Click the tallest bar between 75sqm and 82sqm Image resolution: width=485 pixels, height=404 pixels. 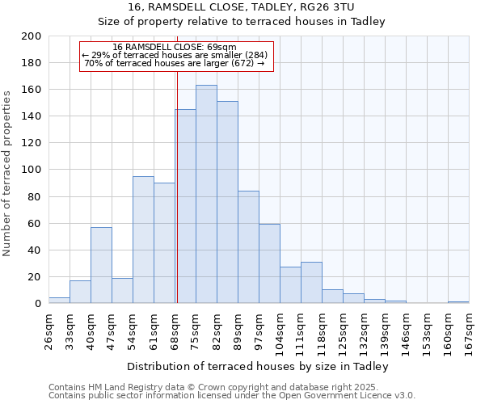click(206, 194)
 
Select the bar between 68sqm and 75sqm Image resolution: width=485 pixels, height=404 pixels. click(185, 206)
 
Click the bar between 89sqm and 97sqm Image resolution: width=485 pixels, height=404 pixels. click(248, 247)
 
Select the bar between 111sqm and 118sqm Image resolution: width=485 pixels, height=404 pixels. click(311, 283)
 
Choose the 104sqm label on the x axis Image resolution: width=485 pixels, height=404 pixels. click(280, 331)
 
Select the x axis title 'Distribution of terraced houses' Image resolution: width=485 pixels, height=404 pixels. click(258, 366)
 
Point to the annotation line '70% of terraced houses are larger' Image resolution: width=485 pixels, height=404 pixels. click(175, 63)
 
